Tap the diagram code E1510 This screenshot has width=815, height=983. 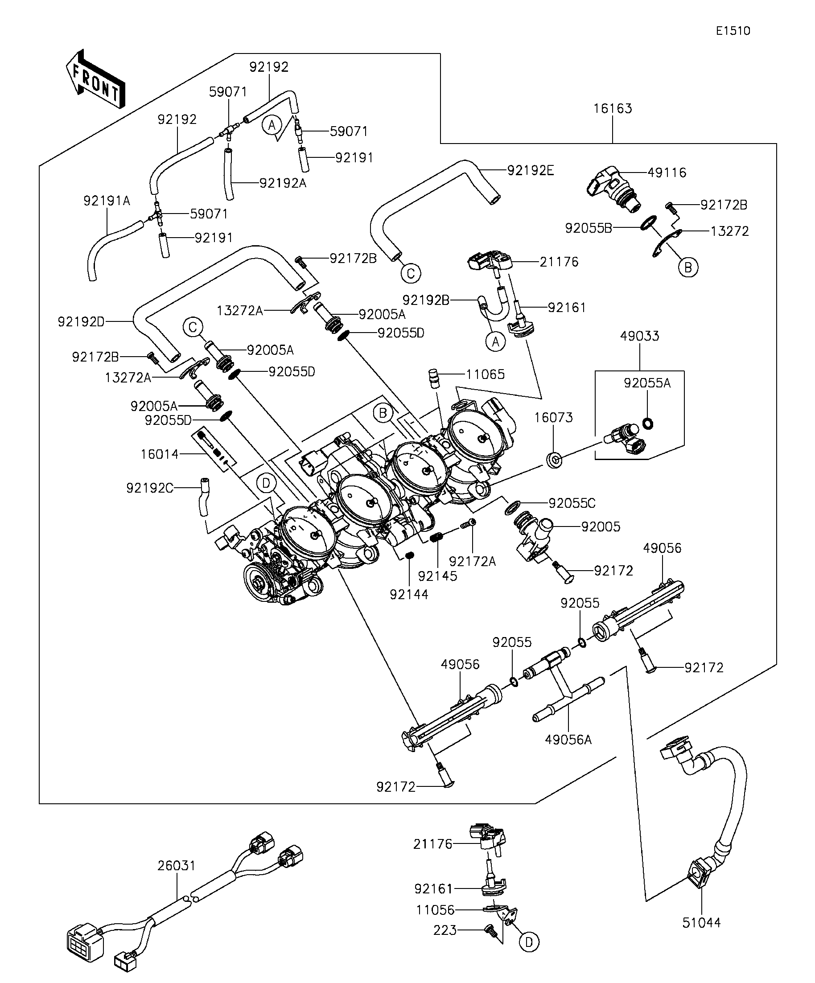point(733,31)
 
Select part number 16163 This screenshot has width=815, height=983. point(612,109)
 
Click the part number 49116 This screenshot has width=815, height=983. point(667,173)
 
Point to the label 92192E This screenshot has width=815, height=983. point(531,171)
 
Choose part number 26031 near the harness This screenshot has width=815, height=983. point(176,865)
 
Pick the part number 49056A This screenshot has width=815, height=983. point(568,740)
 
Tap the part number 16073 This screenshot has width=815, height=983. point(553,418)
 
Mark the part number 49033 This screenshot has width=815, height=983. point(639,336)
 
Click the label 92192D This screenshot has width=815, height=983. point(81,322)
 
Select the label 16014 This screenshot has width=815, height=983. point(160,454)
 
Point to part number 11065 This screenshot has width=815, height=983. point(485,374)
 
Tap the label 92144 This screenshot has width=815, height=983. point(409,595)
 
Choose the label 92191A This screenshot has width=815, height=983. point(107,201)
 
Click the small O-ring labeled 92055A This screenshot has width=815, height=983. point(649,424)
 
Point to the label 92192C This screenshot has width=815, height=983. point(150,488)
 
